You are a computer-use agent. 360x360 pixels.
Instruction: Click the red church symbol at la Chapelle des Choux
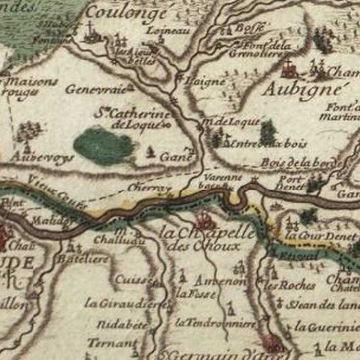pos(205,221)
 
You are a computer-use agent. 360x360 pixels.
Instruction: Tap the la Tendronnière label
pos(215,323)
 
